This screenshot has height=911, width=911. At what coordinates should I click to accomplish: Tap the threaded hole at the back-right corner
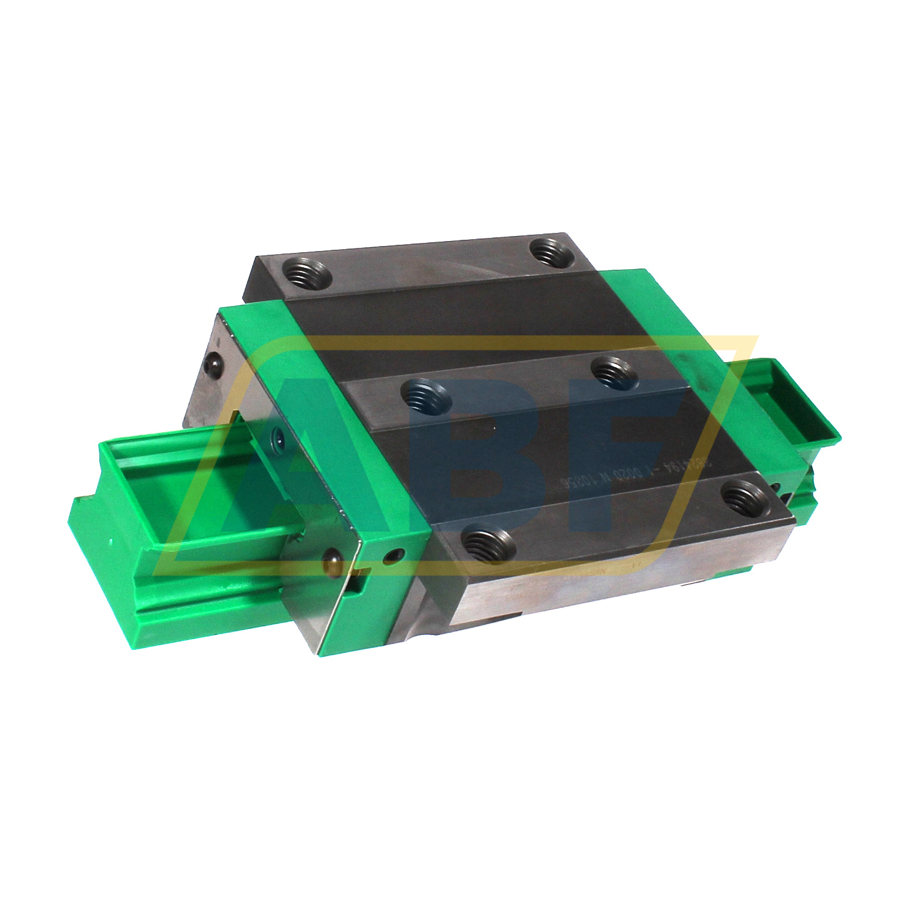(x=553, y=252)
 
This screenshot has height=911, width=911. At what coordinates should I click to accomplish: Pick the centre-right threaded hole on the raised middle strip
(x=614, y=372)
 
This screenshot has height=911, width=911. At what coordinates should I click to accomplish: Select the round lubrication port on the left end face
(x=277, y=438)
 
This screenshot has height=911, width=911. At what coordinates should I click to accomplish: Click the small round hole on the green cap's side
(x=392, y=554)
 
